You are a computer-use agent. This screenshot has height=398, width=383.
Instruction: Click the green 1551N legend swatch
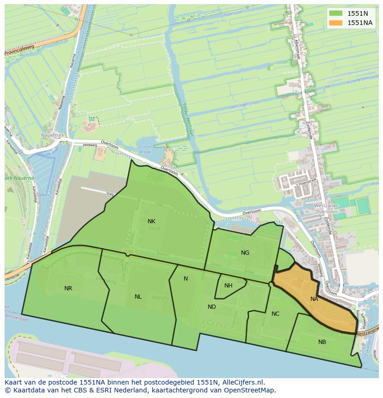coord(336,13)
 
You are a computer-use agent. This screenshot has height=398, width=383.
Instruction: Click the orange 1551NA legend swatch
coord(336,23)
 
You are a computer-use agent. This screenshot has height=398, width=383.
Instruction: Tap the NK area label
coord(151,221)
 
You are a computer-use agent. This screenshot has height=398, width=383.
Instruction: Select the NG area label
coord(245,253)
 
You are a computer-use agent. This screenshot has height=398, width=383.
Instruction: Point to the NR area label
coord(68,288)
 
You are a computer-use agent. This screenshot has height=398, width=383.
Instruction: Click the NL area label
coord(138,297)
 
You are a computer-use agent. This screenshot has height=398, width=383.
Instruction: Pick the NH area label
coord(228,286)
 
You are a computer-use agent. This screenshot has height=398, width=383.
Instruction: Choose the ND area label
coord(212,307)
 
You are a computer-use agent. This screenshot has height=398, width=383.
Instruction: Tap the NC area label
coord(275,314)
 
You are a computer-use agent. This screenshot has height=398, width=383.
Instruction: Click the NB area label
coord(322,342)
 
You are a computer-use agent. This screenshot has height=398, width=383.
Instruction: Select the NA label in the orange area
coord(314,299)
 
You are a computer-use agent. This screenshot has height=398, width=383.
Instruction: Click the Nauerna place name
coord(50,135)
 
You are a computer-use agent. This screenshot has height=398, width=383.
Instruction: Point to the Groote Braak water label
coord(145,149)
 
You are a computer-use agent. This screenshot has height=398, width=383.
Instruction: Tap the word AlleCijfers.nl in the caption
coord(242,382)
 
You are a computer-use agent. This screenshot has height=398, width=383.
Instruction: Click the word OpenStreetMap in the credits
coord(250,390)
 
